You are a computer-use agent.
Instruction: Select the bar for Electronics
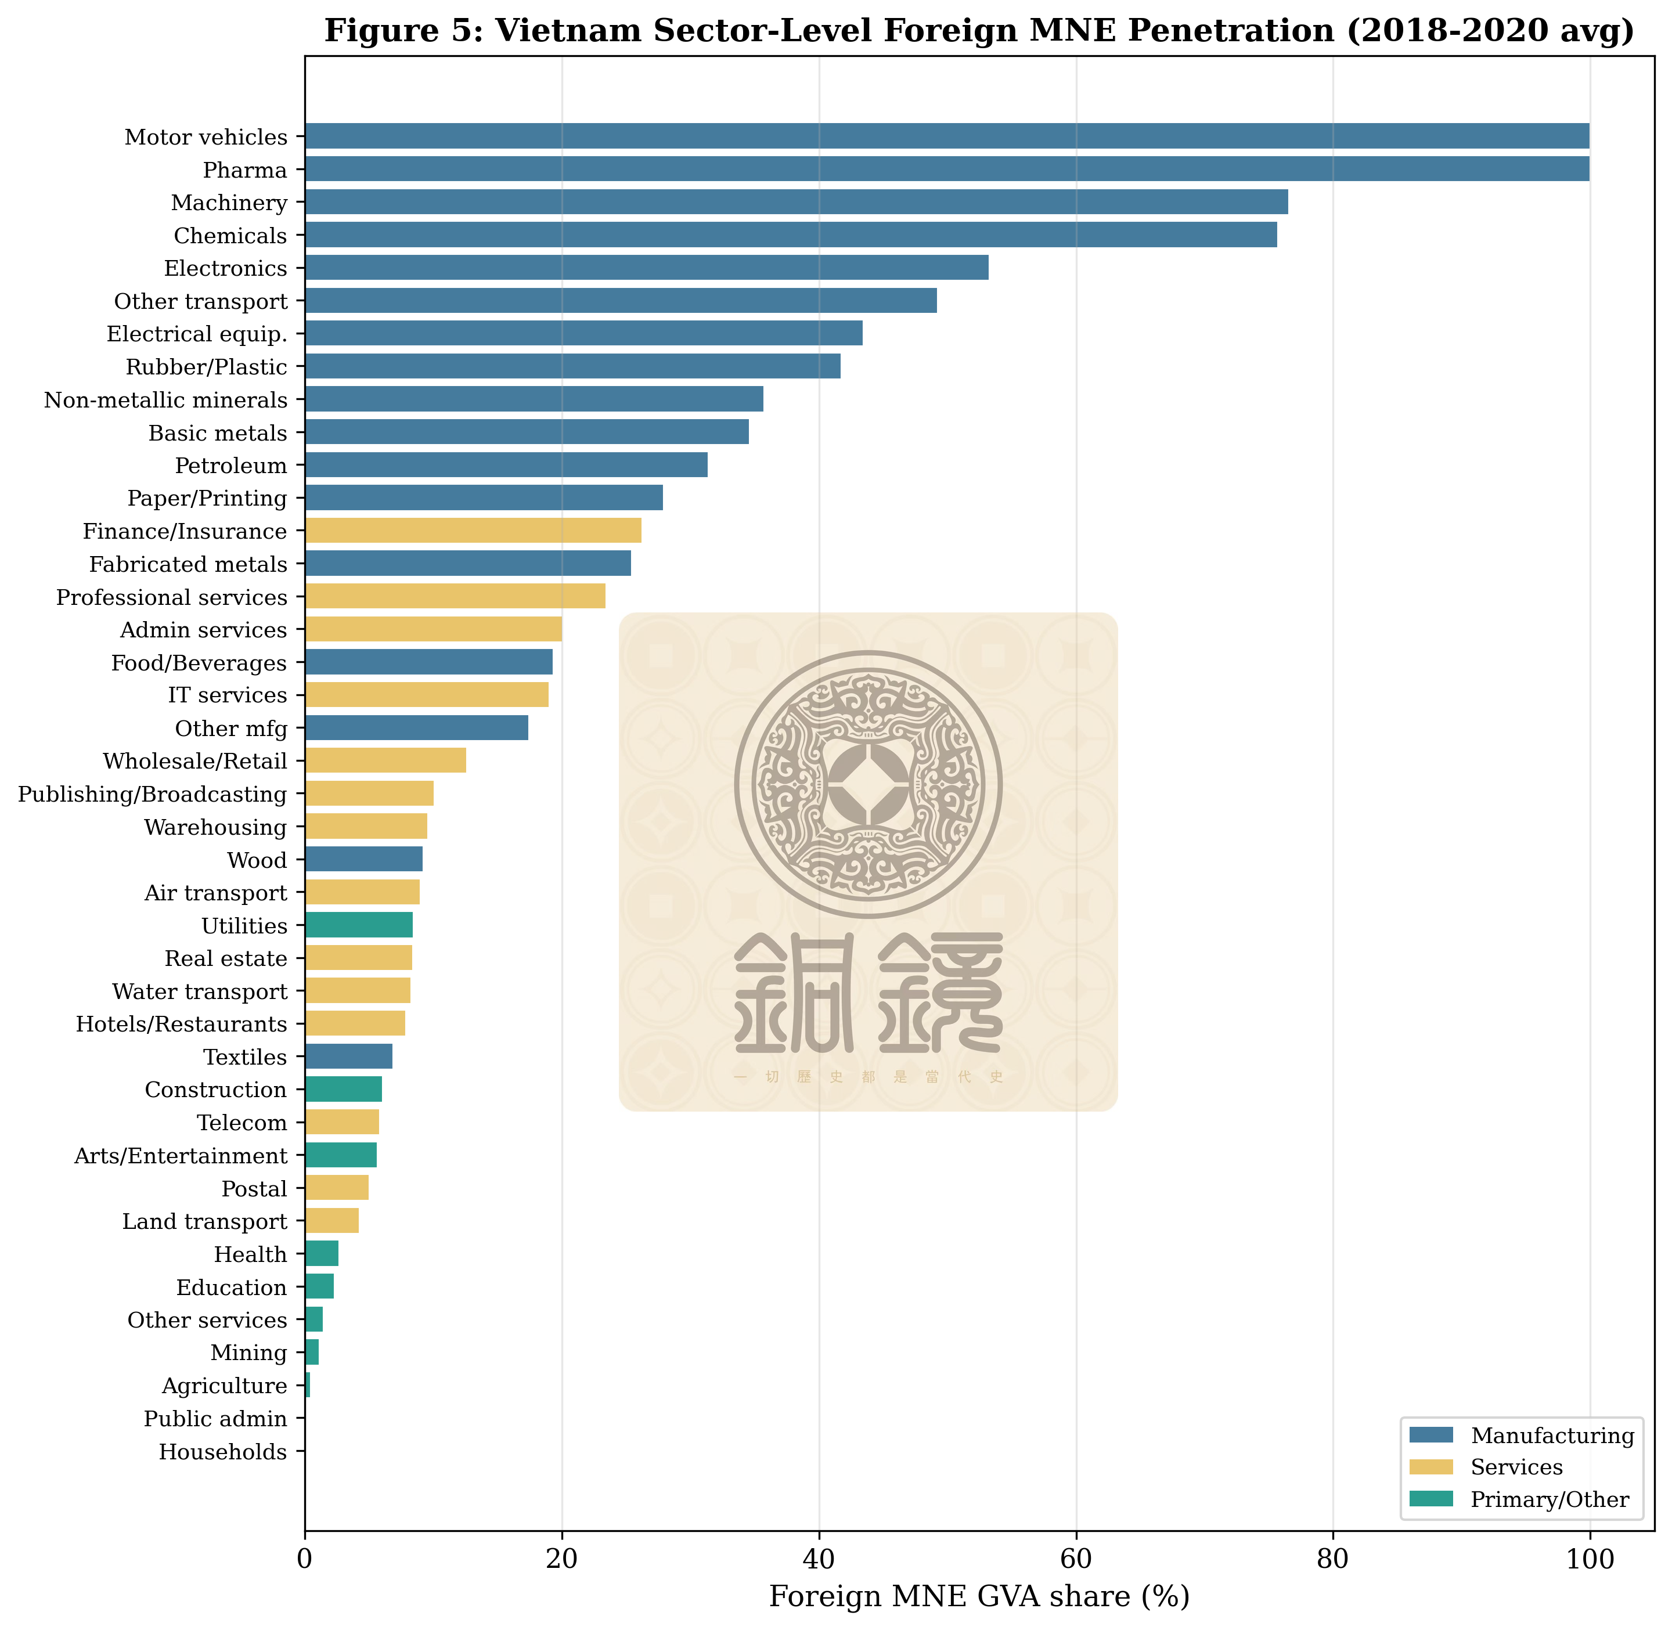click(646, 268)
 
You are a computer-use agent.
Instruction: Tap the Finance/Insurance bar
click(473, 531)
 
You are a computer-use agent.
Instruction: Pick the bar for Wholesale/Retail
click(385, 760)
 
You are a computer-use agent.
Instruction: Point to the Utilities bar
click(359, 925)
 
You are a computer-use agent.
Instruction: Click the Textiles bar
click(348, 1056)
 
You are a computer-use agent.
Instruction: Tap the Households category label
click(222, 1452)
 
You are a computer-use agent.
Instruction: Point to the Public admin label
click(215, 1419)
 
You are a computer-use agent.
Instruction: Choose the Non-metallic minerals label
click(165, 400)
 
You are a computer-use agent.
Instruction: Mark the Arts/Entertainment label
click(181, 1156)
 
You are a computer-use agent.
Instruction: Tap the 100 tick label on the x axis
click(1589, 1559)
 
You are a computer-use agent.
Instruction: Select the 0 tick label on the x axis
click(305, 1559)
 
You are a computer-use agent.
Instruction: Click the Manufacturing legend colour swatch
click(1430, 1435)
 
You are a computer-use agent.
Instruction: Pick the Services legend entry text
click(1516, 1467)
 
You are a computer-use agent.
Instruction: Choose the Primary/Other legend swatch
click(1430, 1499)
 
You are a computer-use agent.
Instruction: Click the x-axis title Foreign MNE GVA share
click(979, 1597)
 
